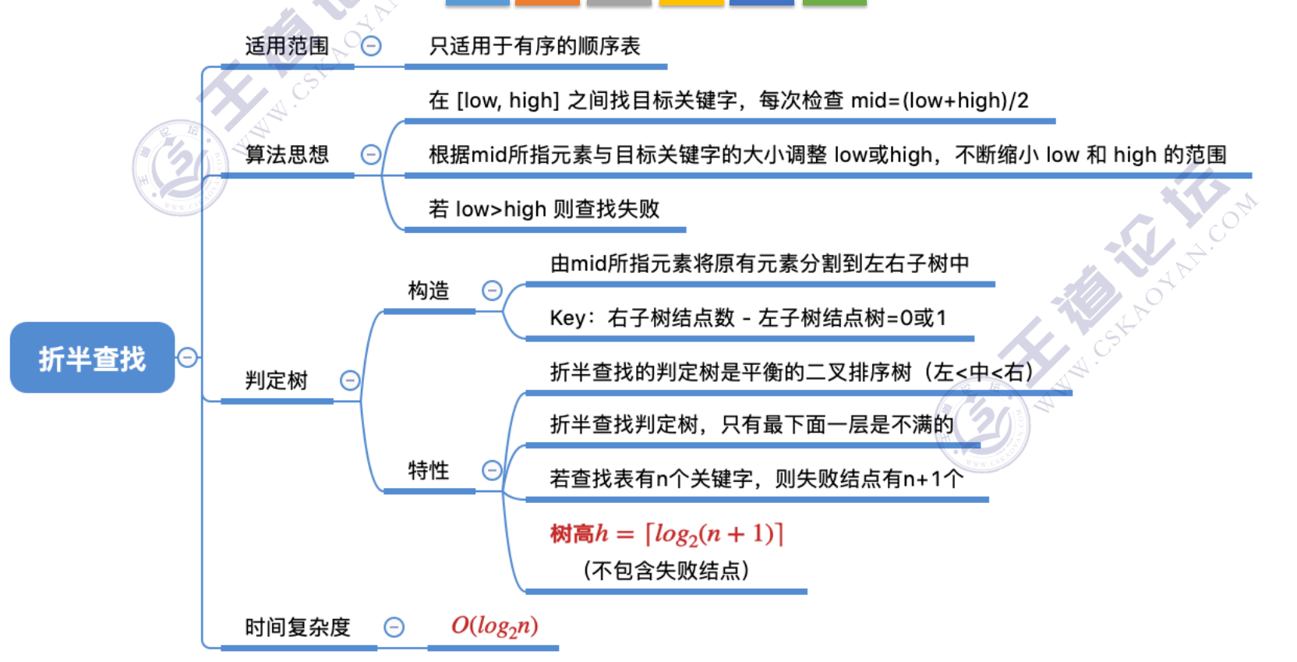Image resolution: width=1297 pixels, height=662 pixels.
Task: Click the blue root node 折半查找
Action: pos(92,358)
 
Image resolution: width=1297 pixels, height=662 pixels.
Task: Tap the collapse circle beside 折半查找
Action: pos(187,358)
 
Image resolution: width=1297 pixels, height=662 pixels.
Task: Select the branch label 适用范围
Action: pos(287,46)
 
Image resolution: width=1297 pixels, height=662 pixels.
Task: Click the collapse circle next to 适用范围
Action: pos(372,46)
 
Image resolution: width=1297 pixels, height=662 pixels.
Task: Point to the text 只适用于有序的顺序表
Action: pos(535,46)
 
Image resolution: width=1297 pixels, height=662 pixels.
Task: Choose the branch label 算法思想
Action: pos(287,154)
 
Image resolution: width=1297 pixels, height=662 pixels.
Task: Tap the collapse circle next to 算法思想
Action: pos(371,154)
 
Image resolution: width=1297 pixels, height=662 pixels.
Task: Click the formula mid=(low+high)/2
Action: pos(939,101)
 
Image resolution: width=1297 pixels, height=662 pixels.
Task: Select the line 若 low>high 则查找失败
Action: pos(544,209)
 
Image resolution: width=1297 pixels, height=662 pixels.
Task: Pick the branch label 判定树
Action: pos(277,381)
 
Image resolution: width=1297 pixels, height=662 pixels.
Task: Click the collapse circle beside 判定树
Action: pos(350,381)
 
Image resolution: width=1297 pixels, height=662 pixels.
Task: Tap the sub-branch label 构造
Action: pos(429,291)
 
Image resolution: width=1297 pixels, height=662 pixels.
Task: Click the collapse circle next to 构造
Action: pos(492,291)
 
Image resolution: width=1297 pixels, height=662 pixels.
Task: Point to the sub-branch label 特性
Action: pos(429,470)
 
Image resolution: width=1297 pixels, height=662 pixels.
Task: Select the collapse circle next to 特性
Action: pos(492,470)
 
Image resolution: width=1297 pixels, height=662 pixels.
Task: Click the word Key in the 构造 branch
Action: pos(567,318)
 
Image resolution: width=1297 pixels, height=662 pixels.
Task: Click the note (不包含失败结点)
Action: pos(666,571)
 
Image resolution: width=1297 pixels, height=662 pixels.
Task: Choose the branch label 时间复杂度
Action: pos(298,627)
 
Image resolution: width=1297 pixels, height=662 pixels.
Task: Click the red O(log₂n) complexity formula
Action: pos(494,626)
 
